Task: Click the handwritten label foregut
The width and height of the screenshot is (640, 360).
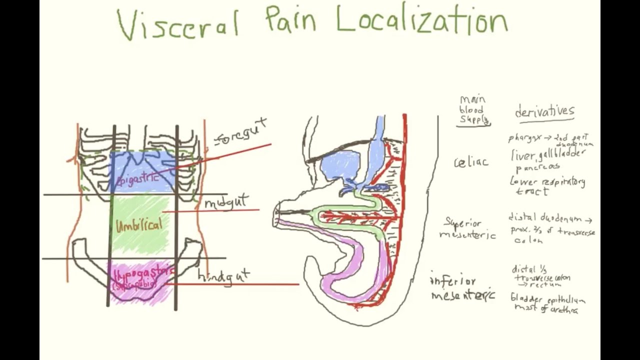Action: pos(240,132)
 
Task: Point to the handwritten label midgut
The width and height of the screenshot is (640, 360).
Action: pos(226,202)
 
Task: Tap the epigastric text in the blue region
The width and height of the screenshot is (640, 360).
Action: pos(138,177)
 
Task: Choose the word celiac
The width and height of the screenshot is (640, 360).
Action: pos(471,162)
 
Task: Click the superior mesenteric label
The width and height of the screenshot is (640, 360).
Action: pos(468,229)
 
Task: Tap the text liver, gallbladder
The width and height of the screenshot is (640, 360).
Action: pos(547,155)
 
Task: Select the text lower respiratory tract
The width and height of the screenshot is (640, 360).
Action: pos(547,186)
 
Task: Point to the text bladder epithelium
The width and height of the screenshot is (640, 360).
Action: pos(547,300)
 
